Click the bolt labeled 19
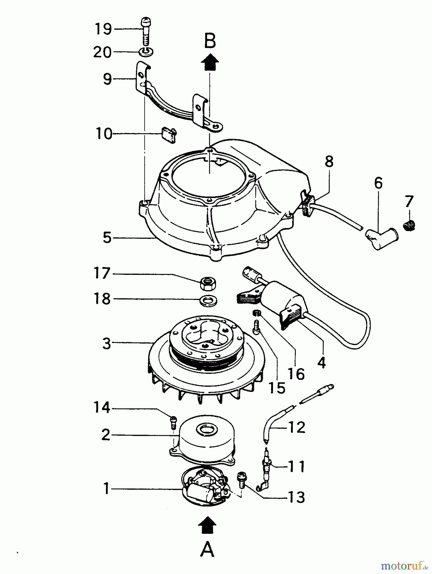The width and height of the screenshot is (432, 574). [x=145, y=32]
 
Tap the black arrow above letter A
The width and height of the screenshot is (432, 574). [x=207, y=524]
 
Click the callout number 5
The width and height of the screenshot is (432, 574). [x=107, y=238]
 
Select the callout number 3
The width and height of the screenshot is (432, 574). [x=107, y=343]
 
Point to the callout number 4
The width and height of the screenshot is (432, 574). [x=322, y=363]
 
